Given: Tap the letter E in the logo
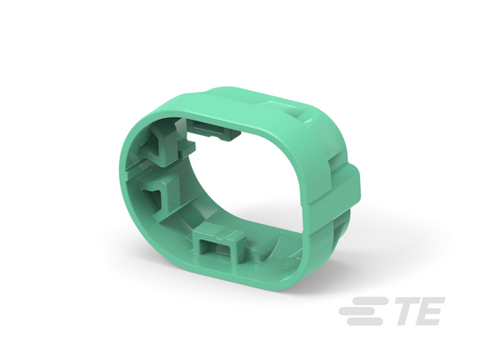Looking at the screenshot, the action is pyautogui.click(x=431, y=312).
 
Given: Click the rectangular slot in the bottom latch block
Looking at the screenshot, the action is pyautogui.click(x=214, y=248).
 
